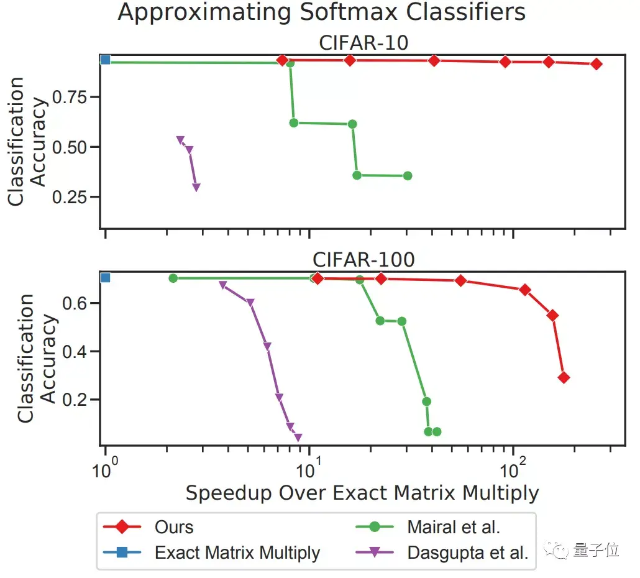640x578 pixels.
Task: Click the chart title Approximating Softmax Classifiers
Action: coord(321,12)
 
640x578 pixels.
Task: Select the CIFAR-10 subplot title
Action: coord(363,43)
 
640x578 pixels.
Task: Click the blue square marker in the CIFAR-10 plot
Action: coord(106,60)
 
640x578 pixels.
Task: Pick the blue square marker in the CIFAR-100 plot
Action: coord(106,277)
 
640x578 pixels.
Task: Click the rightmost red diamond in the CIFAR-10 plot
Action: coord(597,64)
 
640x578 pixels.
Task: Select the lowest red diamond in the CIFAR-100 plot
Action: coord(564,377)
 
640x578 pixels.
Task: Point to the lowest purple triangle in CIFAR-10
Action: coord(196,188)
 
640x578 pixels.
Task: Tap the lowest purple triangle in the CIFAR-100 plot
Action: coord(298,438)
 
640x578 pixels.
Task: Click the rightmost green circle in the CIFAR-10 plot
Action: coord(408,176)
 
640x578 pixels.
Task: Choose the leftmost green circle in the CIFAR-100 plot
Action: coord(173,278)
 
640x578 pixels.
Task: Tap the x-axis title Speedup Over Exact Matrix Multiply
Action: coord(362,493)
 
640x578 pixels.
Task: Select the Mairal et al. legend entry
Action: coord(454,527)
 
